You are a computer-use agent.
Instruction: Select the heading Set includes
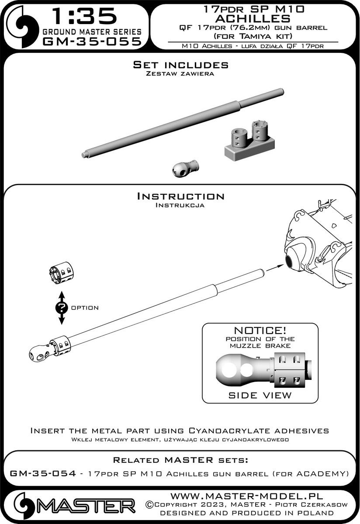tap(180, 65)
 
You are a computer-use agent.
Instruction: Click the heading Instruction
tap(180, 196)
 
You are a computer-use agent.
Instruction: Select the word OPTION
tap(84, 308)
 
